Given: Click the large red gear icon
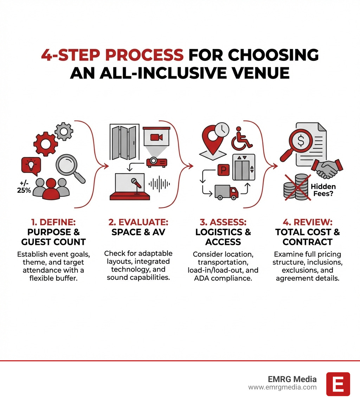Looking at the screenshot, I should tap(45, 145).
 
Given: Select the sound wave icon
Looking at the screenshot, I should tap(159, 184).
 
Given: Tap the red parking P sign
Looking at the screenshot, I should tap(223, 170).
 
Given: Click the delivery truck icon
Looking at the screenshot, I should tap(226, 192).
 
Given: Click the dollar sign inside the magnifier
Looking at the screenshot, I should tap(301, 141).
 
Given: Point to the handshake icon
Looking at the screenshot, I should tap(327, 168).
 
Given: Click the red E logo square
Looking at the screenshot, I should tap(338, 384).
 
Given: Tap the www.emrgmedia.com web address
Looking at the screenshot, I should tap(282, 387).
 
